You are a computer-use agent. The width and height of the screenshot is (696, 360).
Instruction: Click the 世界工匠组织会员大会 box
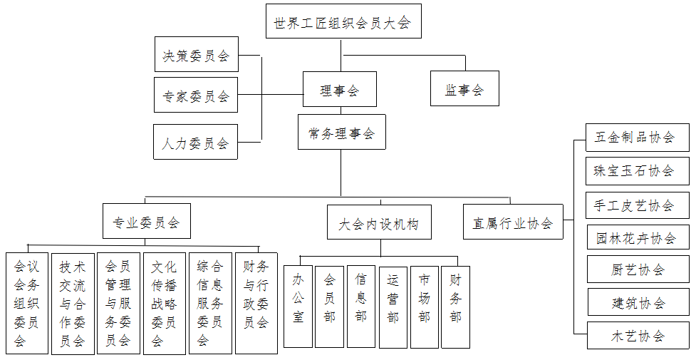[x=343, y=21]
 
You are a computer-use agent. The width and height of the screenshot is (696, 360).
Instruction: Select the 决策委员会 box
[x=197, y=54]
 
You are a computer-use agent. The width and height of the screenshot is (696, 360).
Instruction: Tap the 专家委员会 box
[x=196, y=95]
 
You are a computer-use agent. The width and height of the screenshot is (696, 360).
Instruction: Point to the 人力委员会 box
[x=196, y=142]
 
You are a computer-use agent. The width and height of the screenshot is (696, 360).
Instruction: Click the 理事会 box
[x=340, y=89]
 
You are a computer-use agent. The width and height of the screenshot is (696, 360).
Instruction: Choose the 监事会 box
[x=464, y=88]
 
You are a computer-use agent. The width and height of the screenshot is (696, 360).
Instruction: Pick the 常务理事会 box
[x=342, y=132]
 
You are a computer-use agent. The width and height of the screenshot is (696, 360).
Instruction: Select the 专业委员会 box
[x=147, y=221]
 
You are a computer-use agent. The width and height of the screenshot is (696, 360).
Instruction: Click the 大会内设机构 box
[x=379, y=222]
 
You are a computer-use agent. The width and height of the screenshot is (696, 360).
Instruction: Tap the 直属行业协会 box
[x=513, y=222]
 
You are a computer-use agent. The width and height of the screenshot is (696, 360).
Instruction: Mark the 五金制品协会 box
[x=638, y=138]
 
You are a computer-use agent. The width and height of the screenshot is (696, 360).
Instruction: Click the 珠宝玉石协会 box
[x=638, y=171]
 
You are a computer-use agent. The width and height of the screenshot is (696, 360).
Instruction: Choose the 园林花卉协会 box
[x=638, y=239]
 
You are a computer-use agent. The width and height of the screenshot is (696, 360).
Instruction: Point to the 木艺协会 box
[x=638, y=336]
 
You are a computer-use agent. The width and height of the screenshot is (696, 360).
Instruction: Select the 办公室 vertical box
[x=298, y=307]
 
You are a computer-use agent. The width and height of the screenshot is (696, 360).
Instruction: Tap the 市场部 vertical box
[x=425, y=307]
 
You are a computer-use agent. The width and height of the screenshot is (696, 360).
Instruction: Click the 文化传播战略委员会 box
[x=165, y=304]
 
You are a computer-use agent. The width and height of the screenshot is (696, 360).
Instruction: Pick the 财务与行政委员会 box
[x=256, y=304]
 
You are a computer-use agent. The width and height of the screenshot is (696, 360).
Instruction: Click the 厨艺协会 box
[x=638, y=269]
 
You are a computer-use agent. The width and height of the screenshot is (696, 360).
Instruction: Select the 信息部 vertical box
[x=361, y=307]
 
